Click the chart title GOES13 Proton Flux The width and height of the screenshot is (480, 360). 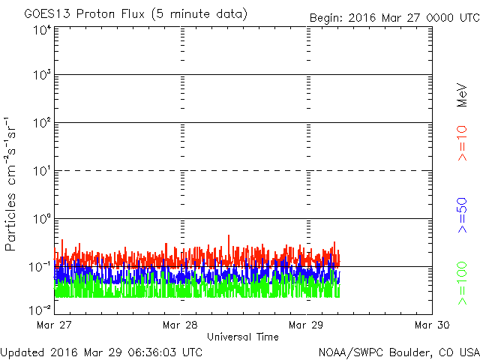click(135, 14)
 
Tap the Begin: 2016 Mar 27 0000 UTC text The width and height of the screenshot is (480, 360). click(393, 17)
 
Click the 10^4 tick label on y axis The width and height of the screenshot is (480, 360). click(41, 30)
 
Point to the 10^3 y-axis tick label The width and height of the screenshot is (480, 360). click(41, 75)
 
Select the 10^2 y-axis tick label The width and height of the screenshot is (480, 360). click(41, 123)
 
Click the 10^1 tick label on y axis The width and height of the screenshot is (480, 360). click(41, 171)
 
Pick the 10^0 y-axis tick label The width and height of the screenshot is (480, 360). click(41, 219)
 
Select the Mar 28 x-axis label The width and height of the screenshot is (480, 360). click(180, 325)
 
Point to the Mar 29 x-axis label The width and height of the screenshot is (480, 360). click(306, 325)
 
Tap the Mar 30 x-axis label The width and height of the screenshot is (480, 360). click(432, 325)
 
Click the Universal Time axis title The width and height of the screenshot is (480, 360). click(243, 337)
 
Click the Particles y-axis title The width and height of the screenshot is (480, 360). click(11, 184)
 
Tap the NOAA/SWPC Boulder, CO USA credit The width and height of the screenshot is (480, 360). click(399, 351)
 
